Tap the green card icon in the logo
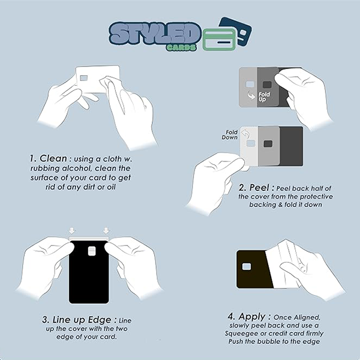point(219,40)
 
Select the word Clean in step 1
point(53,158)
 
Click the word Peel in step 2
point(259,188)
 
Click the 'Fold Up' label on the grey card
point(264,97)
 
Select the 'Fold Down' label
point(230,135)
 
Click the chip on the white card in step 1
point(84,78)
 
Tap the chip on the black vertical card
point(92,251)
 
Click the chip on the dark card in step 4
point(247,266)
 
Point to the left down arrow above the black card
point(72,231)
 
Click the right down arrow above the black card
point(106,231)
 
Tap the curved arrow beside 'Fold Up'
point(251,95)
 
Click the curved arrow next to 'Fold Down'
point(245,134)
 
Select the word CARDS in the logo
point(181,47)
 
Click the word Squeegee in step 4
point(242,334)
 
